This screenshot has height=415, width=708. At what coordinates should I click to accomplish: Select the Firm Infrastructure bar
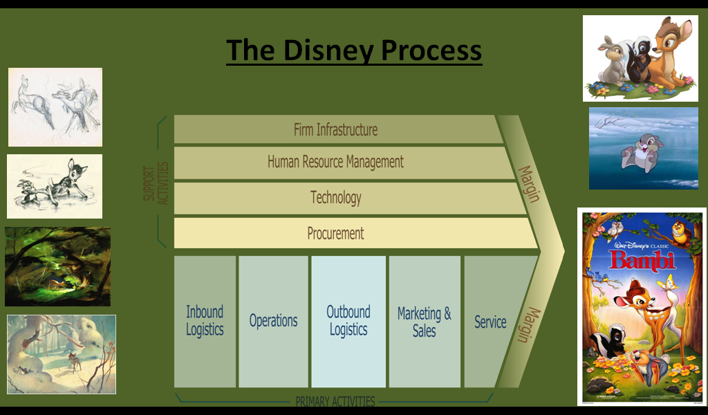336,129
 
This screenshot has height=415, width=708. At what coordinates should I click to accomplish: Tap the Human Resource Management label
335,163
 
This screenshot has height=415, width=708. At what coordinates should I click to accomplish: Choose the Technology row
336,198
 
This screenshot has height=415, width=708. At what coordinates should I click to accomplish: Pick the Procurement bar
336,234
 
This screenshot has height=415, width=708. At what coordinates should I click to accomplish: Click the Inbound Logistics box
205,321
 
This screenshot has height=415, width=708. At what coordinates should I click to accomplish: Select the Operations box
273,321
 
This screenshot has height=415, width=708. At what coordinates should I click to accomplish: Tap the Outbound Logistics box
348,321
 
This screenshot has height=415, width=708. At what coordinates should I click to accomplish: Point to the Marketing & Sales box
424,322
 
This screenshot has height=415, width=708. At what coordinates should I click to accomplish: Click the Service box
490,322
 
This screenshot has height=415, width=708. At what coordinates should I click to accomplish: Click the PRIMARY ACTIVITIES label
335,401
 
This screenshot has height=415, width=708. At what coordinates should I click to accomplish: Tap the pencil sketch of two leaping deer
55,107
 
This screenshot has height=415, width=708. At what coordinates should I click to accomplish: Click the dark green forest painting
57,266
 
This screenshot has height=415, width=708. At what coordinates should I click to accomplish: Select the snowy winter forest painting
62,354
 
